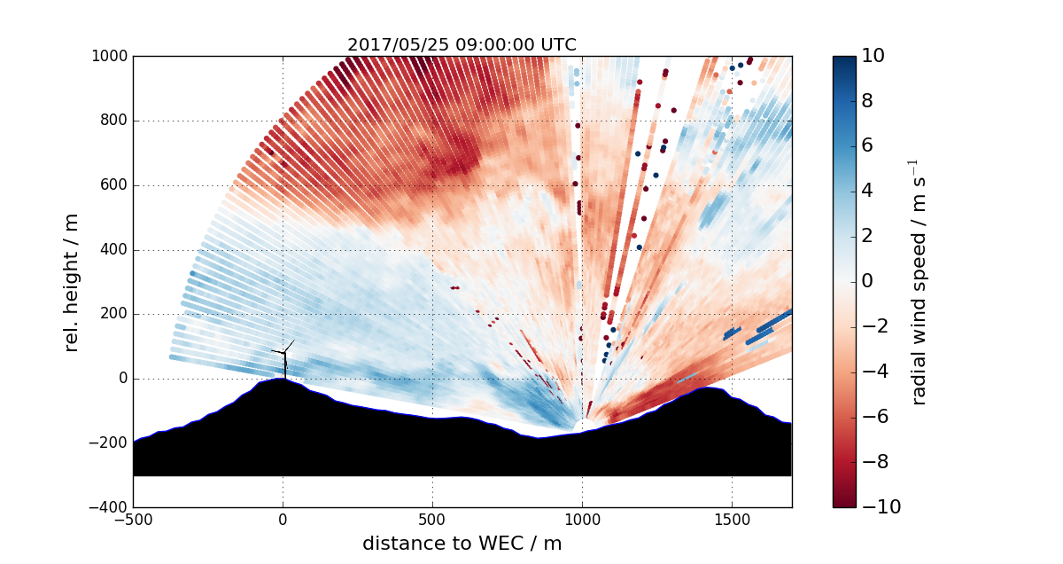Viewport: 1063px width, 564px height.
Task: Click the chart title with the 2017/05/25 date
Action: click(462, 44)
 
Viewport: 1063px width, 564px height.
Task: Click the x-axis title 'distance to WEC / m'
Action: click(462, 544)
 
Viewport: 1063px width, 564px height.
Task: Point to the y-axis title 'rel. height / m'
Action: click(72, 282)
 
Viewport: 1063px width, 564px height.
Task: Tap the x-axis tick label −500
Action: click(133, 520)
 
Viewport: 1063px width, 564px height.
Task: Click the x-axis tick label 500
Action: click(432, 520)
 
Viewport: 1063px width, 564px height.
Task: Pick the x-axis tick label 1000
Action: click(582, 520)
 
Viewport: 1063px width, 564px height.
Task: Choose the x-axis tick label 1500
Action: click(732, 520)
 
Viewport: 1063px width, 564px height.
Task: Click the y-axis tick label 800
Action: click(113, 121)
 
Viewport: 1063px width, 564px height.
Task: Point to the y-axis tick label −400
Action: click(108, 508)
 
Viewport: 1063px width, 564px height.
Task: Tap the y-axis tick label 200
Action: click(113, 315)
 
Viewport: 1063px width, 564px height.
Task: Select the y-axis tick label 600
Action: click(113, 186)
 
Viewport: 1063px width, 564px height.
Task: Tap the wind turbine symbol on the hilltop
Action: click(284, 359)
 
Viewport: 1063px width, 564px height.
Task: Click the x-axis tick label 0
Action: click(283, 520)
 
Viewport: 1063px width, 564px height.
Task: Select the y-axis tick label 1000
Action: click(109, 57)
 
